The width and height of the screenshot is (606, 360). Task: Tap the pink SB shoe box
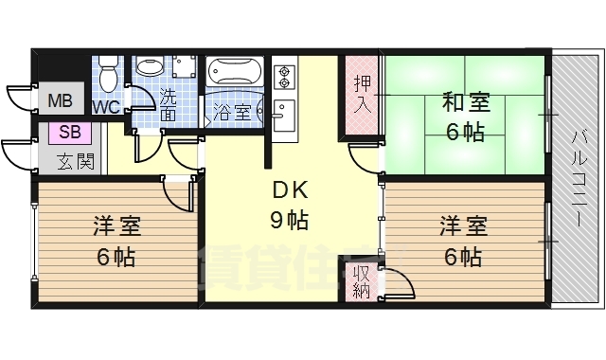tap(69, 133)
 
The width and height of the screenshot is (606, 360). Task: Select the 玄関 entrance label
tap(74, 160)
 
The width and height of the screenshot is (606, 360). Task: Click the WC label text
tap(106, 107)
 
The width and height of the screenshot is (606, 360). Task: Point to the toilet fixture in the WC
tap(108, 72)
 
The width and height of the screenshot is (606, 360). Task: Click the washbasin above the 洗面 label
tap(150, 66)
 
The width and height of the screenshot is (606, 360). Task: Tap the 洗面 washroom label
tap(168, 104)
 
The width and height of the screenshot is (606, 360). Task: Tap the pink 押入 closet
tap(361, 91)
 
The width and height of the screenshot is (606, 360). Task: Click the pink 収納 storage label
tap(361, 279)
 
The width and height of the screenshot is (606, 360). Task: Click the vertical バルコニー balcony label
tap(577, 180)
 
